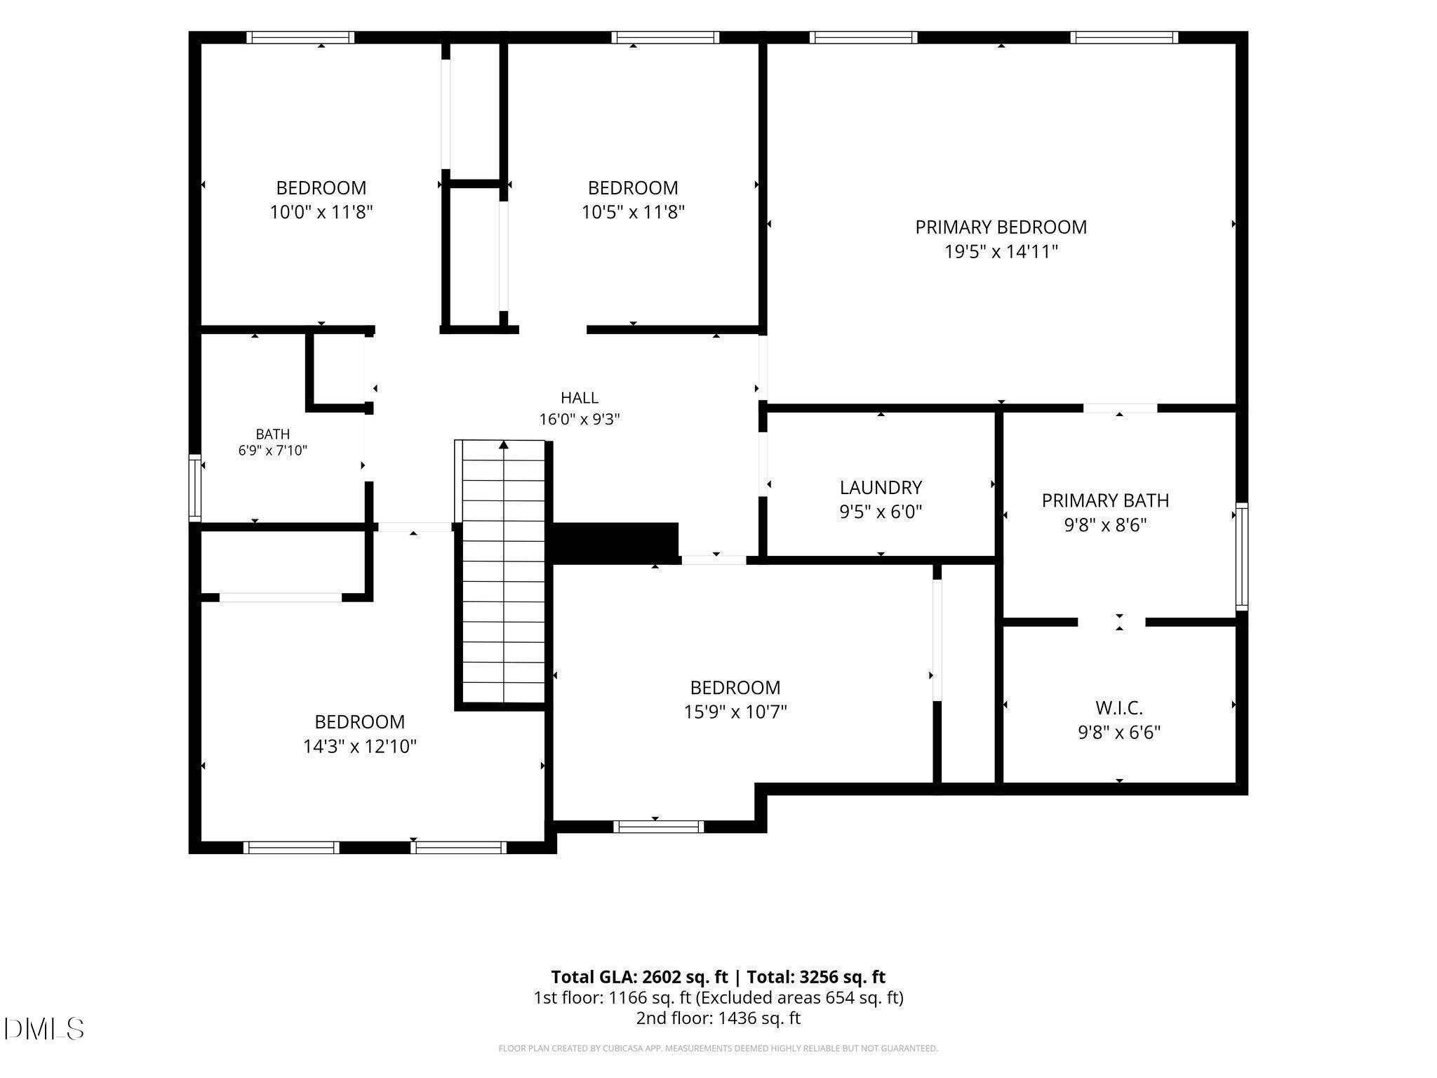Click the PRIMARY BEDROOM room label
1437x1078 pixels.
1001,227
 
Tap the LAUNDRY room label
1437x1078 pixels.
881,488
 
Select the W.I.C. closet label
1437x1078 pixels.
1119,708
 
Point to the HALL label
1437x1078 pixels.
580,398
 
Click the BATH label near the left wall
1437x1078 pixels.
273,434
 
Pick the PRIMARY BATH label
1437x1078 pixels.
1105,500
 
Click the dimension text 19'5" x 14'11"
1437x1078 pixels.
1001,252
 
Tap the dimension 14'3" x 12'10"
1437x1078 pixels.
360,746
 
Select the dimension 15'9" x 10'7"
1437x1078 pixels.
735,712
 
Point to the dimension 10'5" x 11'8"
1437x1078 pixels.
633,212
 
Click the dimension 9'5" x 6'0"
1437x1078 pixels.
881,512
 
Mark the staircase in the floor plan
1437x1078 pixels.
503,571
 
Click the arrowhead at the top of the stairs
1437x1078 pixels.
504,444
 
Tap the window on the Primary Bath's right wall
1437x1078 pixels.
1242,556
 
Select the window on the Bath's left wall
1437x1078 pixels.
195,488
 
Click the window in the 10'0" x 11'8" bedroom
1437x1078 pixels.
301,37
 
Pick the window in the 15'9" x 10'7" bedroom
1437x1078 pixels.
659,827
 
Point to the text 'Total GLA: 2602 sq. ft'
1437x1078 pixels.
639,977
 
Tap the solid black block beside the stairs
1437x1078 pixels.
615,543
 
